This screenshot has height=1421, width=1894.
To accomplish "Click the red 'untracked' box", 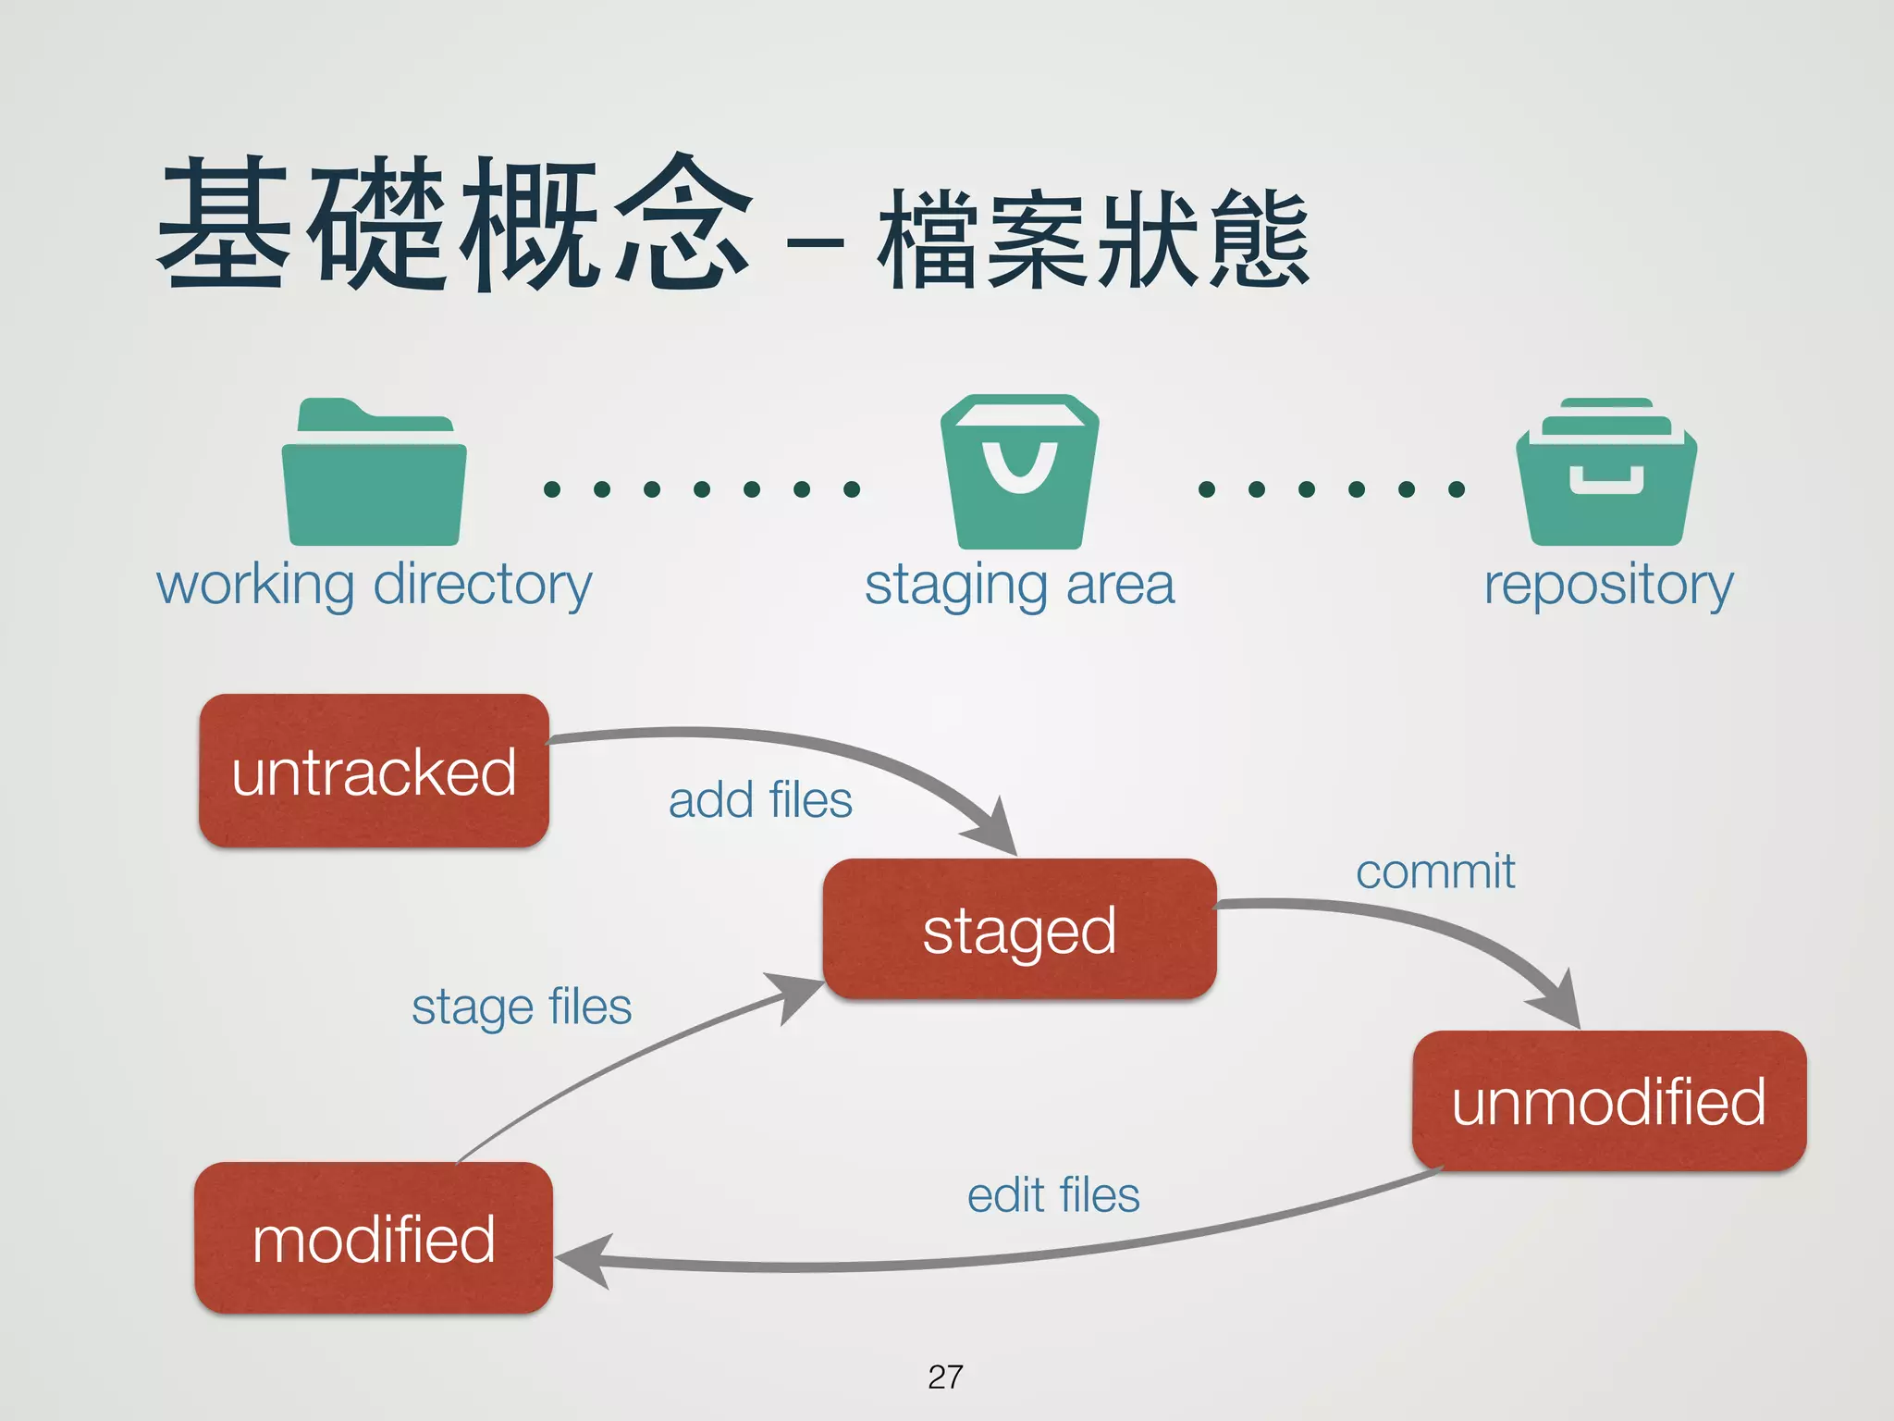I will point(374,771).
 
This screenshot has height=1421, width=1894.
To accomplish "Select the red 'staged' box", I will point(1019,929).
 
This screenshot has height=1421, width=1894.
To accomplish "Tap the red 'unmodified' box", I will point(1608,1101).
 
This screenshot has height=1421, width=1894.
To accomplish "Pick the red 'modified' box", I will point(374,1238).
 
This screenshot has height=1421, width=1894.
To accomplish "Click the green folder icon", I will point(374,474).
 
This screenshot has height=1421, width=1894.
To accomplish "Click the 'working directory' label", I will point(374,585).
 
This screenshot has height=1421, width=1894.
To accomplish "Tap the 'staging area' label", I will point(1019,585).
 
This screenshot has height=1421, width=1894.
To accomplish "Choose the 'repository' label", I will point(1608,585).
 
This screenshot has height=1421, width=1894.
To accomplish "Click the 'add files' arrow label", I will point(759,800).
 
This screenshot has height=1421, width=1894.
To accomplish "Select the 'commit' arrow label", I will point(1434,871).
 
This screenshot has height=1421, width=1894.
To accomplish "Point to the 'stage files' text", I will point(522,1007).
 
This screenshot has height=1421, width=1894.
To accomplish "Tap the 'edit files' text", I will point(1053,1195).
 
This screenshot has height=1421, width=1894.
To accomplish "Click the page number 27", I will point(945,1377).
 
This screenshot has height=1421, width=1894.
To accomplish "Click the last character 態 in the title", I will point(1260,239).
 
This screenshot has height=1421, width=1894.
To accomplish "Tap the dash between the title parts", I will point(815,244).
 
